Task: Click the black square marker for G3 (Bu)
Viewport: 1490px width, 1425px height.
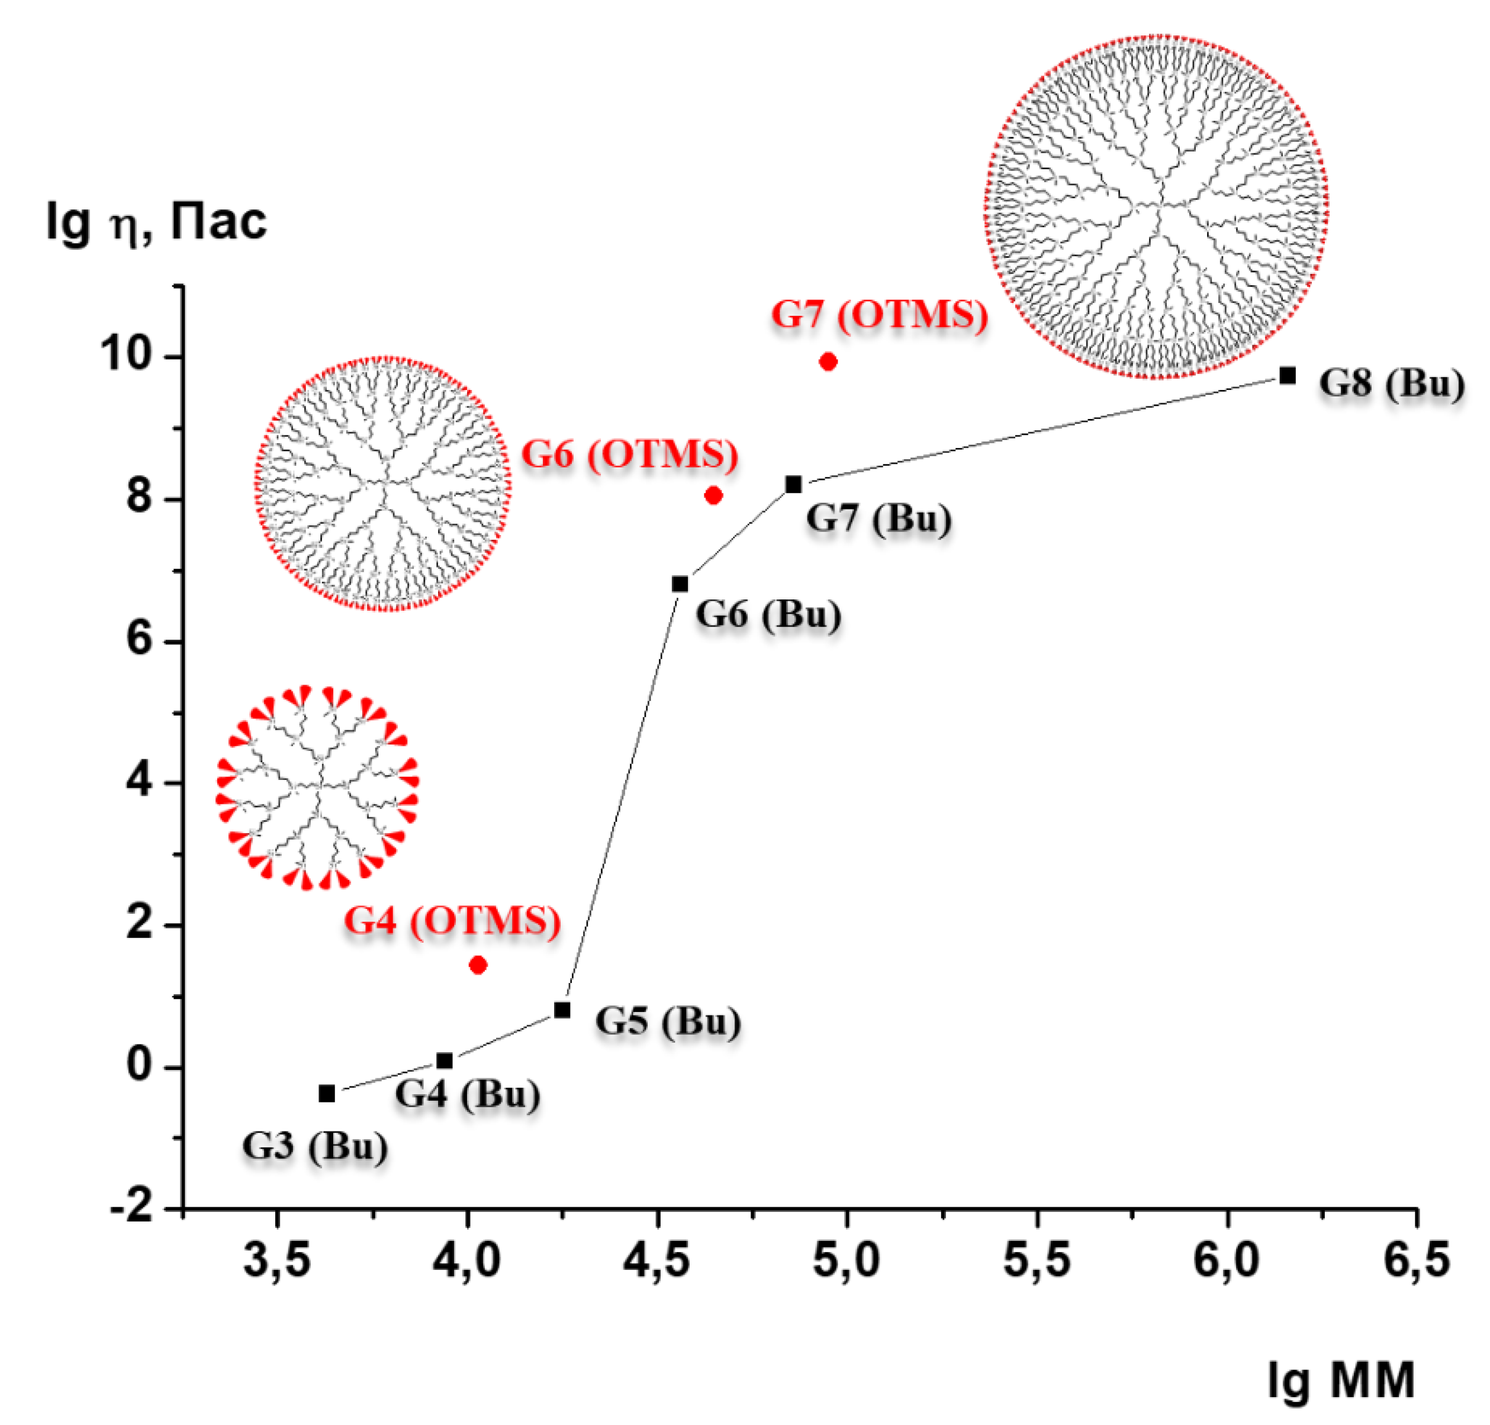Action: click(x=327, y=1094)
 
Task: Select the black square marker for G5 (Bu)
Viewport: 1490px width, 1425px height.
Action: click(x=562, y=1010)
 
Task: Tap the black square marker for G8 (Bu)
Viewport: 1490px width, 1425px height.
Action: click(x=1287, y=375)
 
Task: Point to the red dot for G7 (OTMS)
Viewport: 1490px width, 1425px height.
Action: click(x=828, y=362)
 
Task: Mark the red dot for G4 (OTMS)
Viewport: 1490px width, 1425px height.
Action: click(x=478, y=965)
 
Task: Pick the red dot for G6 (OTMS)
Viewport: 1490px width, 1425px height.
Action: click(x=713, y=495)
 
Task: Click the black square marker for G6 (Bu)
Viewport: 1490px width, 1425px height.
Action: click(x=680, y=584)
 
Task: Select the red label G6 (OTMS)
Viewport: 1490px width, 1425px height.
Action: click(x=629, y=456)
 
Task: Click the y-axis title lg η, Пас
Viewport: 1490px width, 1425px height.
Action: click(x=156, y=223)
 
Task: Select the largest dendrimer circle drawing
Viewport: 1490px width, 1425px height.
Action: click(x=1156, y=206)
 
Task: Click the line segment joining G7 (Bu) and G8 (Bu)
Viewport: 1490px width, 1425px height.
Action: click(x=1041, y=430)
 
